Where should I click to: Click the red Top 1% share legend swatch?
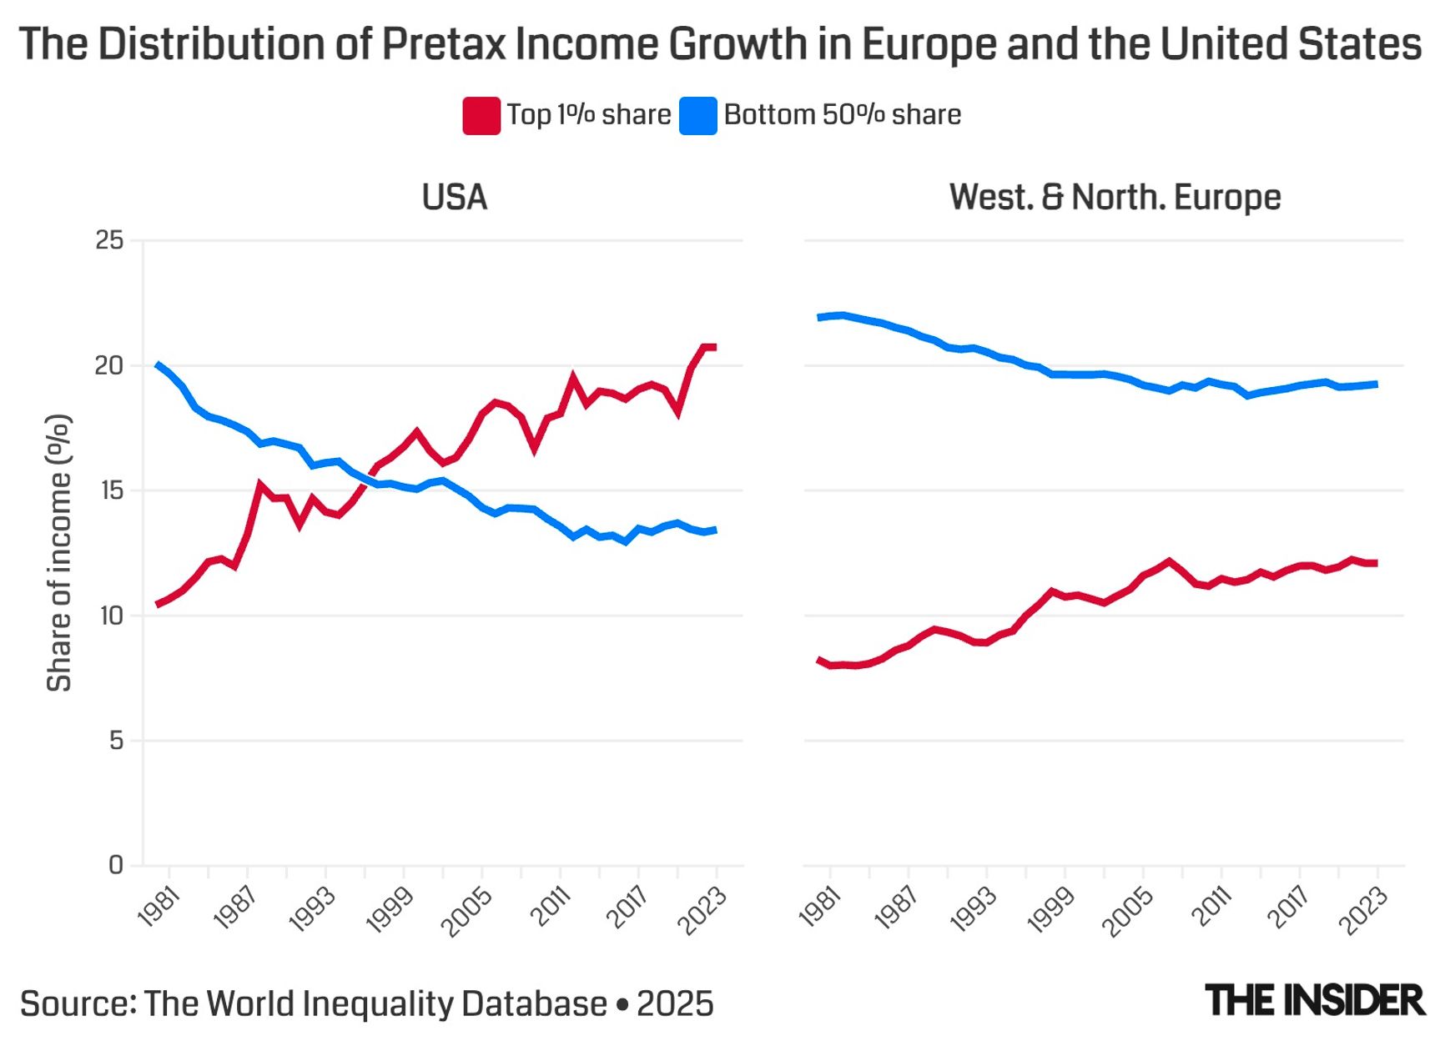tap(481, 116)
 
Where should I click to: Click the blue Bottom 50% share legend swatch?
tap(698, 116)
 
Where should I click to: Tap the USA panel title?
tap(454, 198)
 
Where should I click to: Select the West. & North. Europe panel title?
tap(1115, 198)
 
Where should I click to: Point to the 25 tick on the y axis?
tap(109, 240)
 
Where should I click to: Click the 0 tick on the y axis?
tap(116, 865)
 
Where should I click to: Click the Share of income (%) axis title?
tap(58, 553)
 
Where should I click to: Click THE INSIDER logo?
tap(1315, 1001)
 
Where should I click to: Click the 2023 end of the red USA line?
tap(714, 347)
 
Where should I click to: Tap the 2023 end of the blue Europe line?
tap(1375, 385)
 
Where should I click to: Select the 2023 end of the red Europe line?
tap(1375, 564)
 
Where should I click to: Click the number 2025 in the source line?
tap(675, 1003)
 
